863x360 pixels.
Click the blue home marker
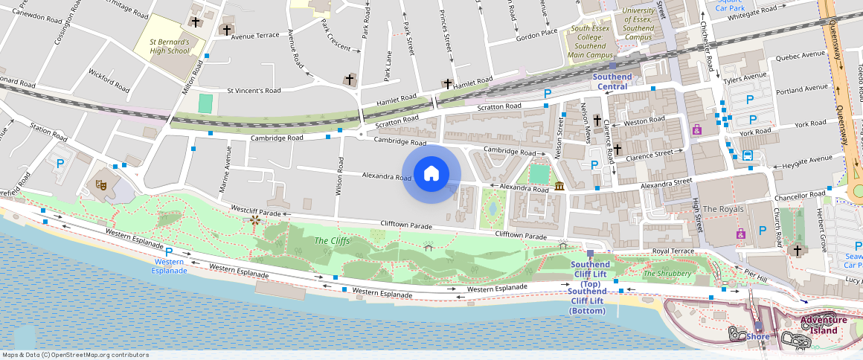(431, 174)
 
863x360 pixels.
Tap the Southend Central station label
(612, 82)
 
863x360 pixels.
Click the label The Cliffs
(332, 240)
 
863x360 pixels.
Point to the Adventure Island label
(824, 325)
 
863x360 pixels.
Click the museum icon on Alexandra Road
(559, 185)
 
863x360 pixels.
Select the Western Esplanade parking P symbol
(169, 253)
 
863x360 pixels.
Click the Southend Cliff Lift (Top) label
(590, 274)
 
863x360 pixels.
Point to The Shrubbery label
(667, 274)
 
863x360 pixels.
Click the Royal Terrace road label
(672, 251)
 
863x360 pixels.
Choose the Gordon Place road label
(536, 34)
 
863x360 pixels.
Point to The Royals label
(722, 209)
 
